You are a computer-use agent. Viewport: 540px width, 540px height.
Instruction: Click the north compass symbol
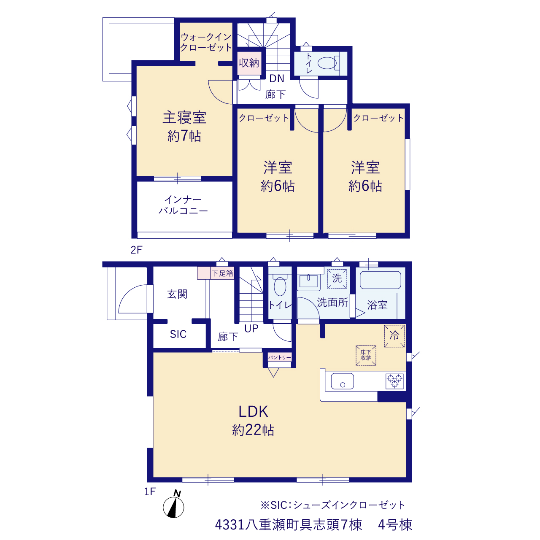[173, 507]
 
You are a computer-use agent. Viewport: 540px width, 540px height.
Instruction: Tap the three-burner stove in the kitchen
[394, 381]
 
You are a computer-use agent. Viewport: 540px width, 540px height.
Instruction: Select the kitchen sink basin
[343, 381]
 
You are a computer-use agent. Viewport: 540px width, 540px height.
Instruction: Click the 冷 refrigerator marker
[394, 336]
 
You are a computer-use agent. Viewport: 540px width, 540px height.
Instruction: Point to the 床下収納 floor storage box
[366, 355]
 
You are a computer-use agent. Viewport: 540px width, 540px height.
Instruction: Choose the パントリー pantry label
[279, 357]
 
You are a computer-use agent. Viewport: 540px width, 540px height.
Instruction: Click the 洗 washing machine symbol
[337, 278]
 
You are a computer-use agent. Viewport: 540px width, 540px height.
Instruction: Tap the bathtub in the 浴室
[380, 280]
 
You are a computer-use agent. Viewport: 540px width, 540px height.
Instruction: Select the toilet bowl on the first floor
[280, 286]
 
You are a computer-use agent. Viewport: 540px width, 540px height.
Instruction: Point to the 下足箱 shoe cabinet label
[222, 273]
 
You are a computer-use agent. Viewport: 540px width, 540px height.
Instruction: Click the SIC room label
[178, 334]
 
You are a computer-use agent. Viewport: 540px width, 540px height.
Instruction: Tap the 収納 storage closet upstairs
[249, 63]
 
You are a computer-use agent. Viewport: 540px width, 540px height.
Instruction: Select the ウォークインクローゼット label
[206, 42]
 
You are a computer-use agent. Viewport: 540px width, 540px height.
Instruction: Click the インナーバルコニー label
[183, 205]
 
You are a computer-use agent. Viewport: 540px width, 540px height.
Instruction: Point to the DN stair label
[277, 78]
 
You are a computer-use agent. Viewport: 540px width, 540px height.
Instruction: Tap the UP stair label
[251, 328]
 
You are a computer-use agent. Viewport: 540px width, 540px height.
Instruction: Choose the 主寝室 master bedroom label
[184, 118]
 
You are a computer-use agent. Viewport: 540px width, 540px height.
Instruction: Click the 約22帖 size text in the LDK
[253, 430]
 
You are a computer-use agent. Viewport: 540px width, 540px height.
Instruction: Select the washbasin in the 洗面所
[308, 281]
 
